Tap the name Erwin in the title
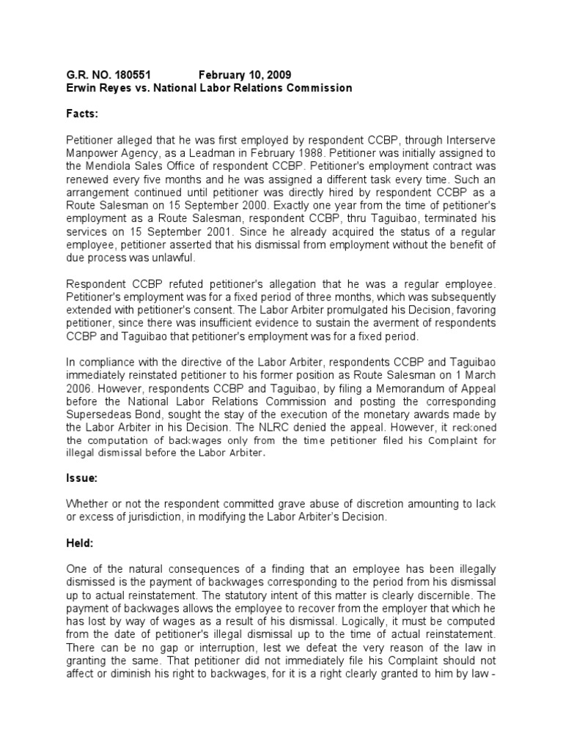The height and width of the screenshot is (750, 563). tap(83, 88)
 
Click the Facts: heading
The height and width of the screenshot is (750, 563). tap(84, 115)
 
